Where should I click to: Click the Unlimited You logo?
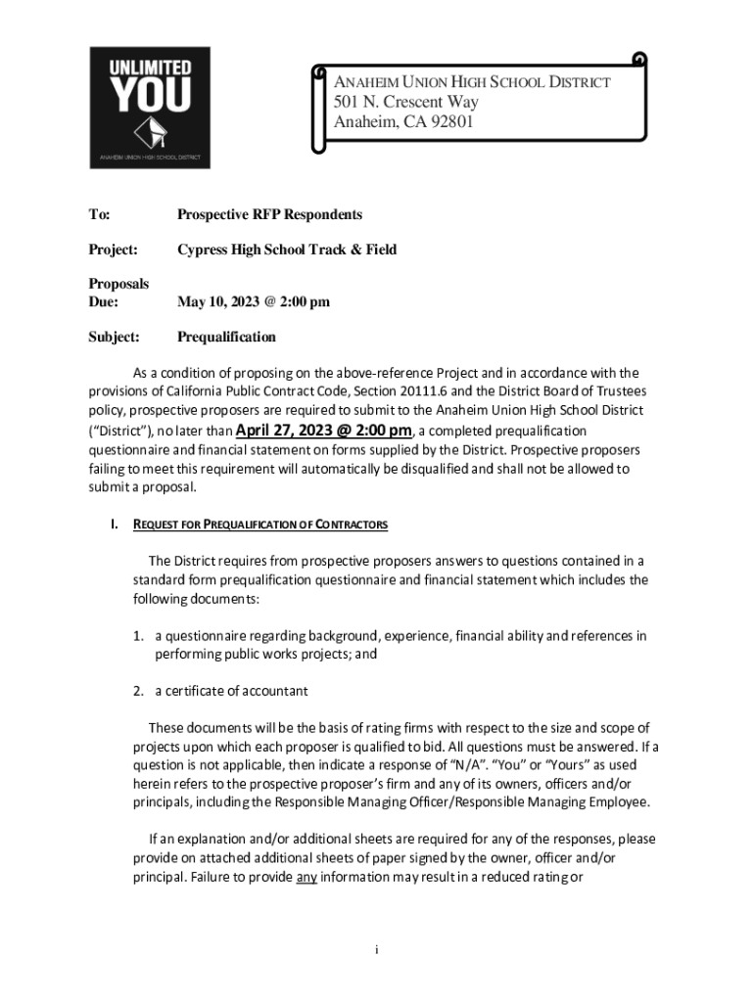point(149,108)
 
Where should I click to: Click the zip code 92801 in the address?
point(446,122)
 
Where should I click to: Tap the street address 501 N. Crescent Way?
point(407,103)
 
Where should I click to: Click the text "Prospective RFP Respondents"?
point(269,214)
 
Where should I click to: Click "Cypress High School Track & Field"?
point(287,250)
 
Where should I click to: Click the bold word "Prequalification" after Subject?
point(226,337)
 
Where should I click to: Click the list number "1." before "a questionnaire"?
point(140,636)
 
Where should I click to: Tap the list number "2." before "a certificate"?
point(140,691)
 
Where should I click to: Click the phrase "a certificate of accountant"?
point(231,691)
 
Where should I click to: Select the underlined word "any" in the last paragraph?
point(306,876)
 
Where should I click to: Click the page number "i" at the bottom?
point(377,950)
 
